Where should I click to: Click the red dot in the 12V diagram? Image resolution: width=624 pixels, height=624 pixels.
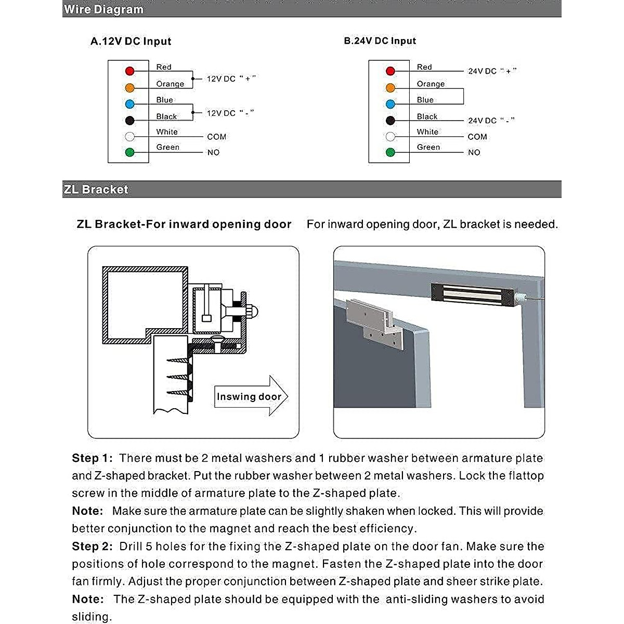coord(130,71)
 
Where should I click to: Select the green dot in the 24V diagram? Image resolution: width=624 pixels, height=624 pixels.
coord(391,152)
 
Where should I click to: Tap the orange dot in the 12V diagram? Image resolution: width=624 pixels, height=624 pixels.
coord(130,88)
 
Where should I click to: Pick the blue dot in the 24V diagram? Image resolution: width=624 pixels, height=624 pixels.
coord(391,104)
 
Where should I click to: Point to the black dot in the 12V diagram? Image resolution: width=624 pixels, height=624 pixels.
coord(130,121)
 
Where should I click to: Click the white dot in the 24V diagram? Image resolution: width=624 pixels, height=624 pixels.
coord(391,137)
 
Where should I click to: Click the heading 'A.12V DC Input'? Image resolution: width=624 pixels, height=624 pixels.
coord(131,42)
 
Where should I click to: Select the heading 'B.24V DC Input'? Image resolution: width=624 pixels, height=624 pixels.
coord(380,41)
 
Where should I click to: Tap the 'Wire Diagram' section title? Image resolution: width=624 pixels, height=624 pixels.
coord(103,9)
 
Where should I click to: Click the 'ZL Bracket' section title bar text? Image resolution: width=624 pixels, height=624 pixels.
coord(96,189)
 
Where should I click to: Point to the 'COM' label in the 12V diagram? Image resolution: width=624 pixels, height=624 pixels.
coord(216,137)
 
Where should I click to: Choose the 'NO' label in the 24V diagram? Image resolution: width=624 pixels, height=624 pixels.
coord(474,152)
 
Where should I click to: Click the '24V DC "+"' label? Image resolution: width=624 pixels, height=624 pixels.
coord(492,71)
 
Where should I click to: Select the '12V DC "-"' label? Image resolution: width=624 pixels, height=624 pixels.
coord(230,113)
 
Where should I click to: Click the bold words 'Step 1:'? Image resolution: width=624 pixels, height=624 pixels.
coord(92,458)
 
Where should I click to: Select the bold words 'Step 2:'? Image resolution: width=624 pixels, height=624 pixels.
coord(92,547)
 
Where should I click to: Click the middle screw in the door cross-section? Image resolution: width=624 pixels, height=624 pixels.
coord(177,376)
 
